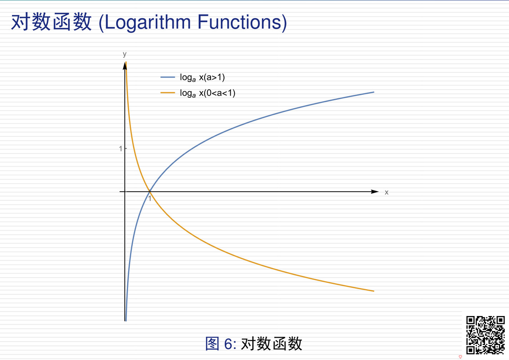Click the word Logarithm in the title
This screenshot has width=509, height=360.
click(147, 23)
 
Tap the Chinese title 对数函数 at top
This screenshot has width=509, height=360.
click(51, 22)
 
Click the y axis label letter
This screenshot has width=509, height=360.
click(125, 54)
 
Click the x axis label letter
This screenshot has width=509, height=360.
click(386, 192)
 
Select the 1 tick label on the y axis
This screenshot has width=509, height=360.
click(120, 149)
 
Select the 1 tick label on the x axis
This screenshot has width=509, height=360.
click(149, 198)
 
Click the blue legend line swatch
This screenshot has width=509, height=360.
click(167, 77)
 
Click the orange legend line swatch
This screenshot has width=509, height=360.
click(167, 93)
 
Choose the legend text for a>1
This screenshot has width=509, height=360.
click(202, 78)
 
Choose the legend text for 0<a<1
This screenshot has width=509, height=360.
click(208, 94)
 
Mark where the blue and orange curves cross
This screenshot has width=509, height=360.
click(149, 191)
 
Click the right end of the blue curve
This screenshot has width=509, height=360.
click(374, 92)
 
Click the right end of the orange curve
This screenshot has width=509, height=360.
click(374, 291)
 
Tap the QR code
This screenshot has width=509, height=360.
click(486, 335)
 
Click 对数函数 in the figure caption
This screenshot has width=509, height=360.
click(272, 343)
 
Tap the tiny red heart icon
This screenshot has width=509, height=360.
click(460, 357)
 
